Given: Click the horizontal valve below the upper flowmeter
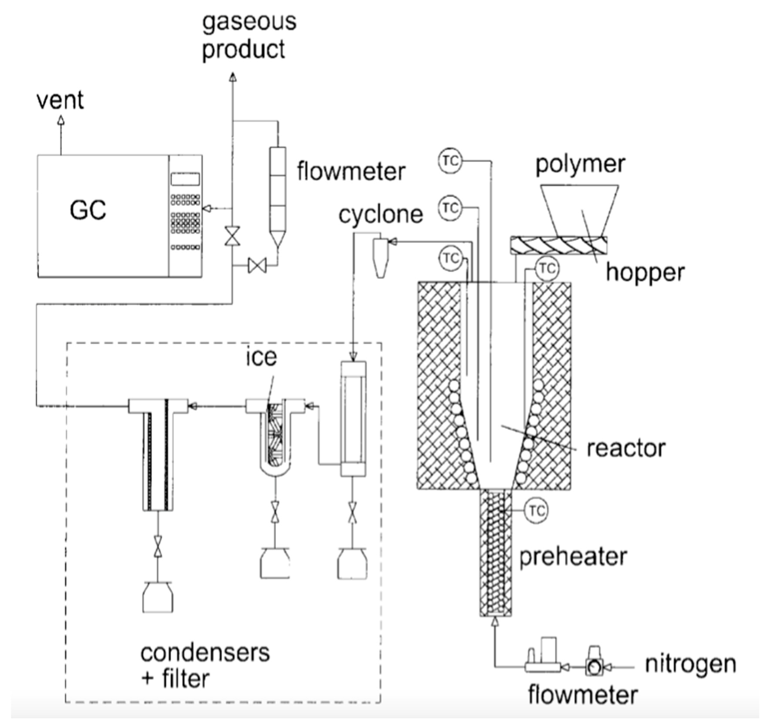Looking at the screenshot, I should (257, 266).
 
